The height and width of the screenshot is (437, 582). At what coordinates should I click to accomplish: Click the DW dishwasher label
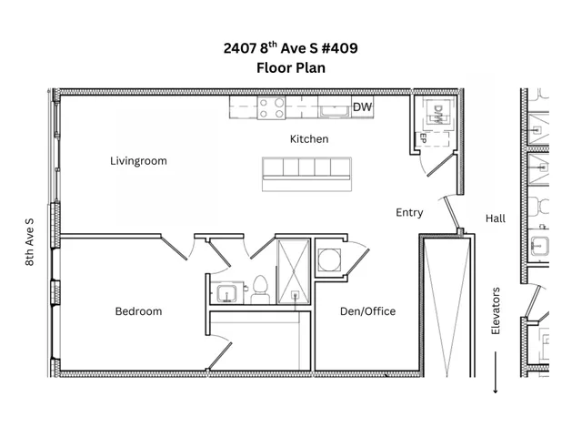click(x=362, y=108)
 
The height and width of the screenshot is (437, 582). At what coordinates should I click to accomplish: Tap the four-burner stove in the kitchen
click(x=270, y=108)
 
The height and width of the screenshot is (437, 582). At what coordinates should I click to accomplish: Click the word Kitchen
click(x=309, y=139)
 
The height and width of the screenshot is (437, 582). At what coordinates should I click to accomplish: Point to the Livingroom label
click(x=138, y=161)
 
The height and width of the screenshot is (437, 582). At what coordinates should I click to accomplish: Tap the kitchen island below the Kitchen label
click(x=307, y=173)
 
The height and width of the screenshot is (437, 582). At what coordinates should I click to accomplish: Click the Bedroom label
click(x=138, y=311)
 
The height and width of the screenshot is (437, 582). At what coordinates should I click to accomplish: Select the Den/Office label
click(x=367, y=311)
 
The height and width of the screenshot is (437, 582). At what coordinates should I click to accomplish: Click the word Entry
click(x=409, y=212)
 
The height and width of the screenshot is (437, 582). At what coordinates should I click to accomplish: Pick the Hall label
click(x=496, y=218)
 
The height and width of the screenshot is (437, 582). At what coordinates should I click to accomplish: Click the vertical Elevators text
click(x=496, y=312)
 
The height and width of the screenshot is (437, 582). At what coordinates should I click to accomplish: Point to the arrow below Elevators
click(x=496, y=375)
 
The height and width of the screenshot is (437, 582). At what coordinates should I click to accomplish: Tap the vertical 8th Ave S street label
click(x=30, y=241)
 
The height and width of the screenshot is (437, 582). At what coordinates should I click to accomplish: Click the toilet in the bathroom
click(x=259, y=289)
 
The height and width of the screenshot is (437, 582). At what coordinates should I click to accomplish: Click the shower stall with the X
click(x=294, y=269)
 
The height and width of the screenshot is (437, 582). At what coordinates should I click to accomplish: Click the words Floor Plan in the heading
click(x=291, y=67)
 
